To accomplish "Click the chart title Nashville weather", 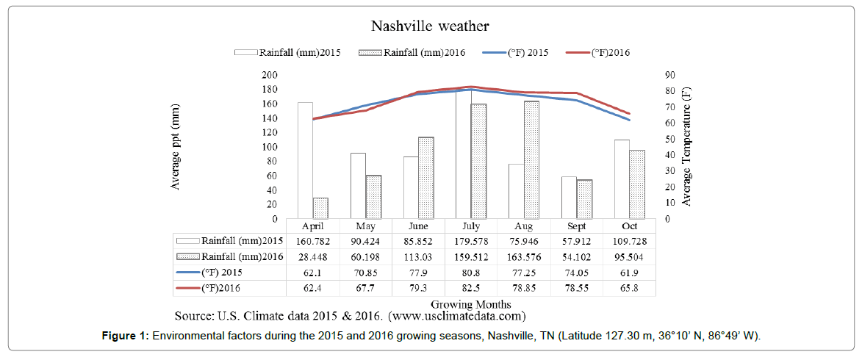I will (x=430, y=26).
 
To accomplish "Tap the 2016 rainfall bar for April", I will (x=320, y=208).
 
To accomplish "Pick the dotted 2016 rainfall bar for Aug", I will (x=531, y=159).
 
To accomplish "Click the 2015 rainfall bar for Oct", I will (x=622, y=179).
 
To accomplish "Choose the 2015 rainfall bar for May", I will (x=358, y=186).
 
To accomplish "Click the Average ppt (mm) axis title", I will (x=176, y=147).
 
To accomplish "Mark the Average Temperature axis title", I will (x=686, y=147).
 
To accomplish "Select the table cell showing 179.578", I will (x=471, y=240).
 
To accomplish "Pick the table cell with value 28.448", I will (x=313, y=256).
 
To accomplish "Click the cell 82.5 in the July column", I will (x=471, y=289).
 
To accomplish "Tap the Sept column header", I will (x=576, y=226).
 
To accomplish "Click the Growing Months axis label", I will (x=472, y=303).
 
